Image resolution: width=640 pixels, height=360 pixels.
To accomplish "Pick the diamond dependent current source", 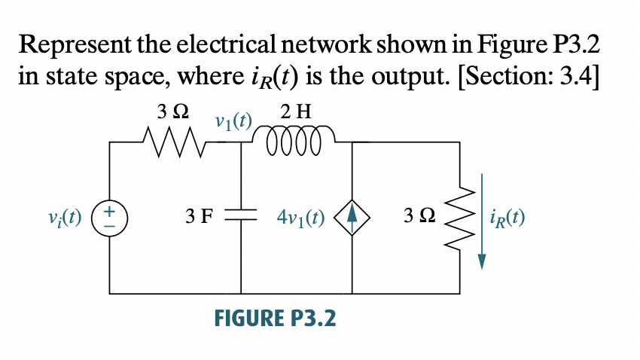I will [353, 218].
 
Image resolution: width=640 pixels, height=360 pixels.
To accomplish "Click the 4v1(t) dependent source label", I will [300, 218].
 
